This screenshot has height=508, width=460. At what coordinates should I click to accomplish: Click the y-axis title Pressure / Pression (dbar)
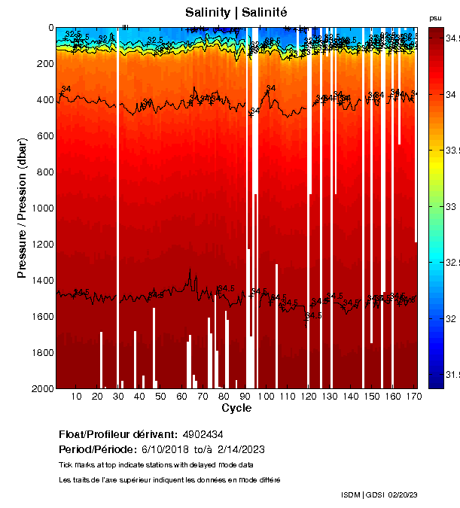point(23,208)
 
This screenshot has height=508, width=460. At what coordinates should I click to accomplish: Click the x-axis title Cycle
point(236,408)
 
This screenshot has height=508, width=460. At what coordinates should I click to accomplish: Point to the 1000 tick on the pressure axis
point(42,208)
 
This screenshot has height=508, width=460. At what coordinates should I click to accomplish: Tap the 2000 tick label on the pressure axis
point(42,388)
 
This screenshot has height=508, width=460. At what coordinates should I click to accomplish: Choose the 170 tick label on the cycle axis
point(413,396)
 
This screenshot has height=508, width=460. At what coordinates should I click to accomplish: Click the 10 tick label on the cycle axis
point(76,396)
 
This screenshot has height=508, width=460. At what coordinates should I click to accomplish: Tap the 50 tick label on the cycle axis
point(160,396)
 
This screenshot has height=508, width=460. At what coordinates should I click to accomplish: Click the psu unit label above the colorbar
point(434,17)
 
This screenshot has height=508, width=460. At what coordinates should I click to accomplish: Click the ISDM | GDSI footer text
point(363,494)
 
